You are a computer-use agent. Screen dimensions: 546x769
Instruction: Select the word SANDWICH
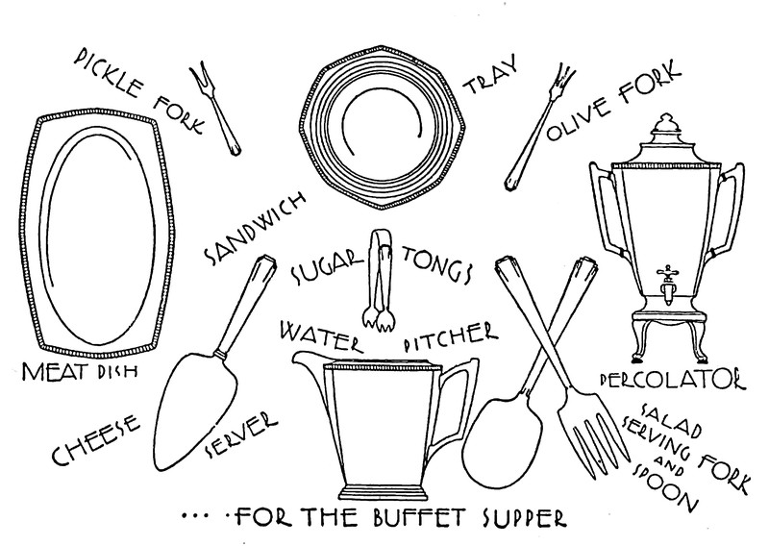256,225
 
